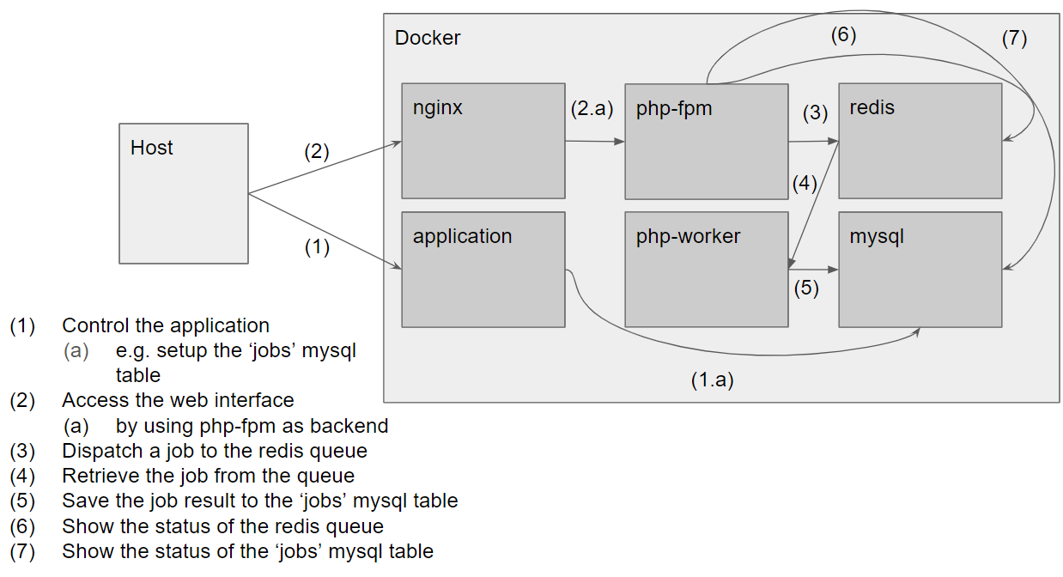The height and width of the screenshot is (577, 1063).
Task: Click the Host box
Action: pyautogui.click(x=183, y=193)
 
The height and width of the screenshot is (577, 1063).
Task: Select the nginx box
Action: pyautogui.click(x=483, y=141)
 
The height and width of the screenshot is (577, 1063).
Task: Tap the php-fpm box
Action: pyautogui.click(x=706, y=141)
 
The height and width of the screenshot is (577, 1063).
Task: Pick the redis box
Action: pyautogui.click(x=920, y=141)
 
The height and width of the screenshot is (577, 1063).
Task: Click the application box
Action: pyautogui.click(x=483, y=270)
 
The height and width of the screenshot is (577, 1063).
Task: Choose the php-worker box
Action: pyautogui.click(x=706, y=270)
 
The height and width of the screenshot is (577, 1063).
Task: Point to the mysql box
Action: pyautogui.click(x=920, y=270)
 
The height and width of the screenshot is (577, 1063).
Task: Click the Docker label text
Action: pyautogui.click(x=428, y=38)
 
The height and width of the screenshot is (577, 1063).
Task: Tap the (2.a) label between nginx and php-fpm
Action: pyautogui.click(x=592, y=110)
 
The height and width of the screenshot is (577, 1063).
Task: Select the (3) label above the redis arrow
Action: pyautogui.click(x=815, y=112)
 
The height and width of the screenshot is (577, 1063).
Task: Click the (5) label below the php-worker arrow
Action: pyautogui.click(x=806, y=288)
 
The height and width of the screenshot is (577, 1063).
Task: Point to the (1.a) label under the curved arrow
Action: pyautogui.click(x=712, y=380)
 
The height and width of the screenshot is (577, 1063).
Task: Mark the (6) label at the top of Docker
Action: pyautogui.click(x=843, y=35)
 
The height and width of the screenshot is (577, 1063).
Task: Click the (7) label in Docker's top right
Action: pyautogui.click(x=1014, y=39)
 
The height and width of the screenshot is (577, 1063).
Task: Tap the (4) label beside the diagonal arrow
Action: pyautogui.click(x=804, y=184)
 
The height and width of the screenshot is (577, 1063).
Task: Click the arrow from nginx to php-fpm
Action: pyautogui.click(x=595, y=142)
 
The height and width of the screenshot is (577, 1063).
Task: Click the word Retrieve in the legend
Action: pyautogui.click(x=96, y=476)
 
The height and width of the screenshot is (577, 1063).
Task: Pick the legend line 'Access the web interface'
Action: pyautogui.click(x=178, y=400)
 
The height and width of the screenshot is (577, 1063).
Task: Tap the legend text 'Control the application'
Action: pyautogui.click(x=166, y=325)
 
